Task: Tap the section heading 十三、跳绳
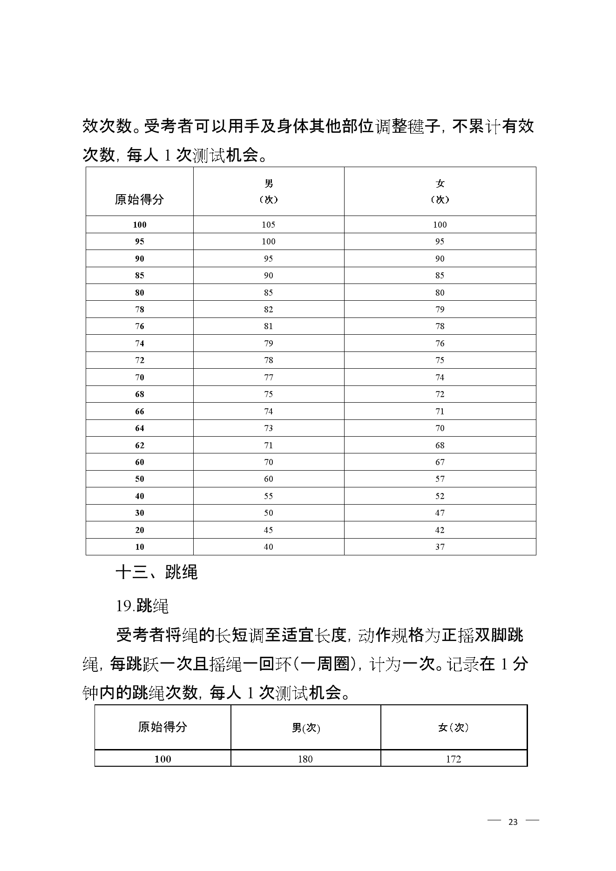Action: tap(156, 572)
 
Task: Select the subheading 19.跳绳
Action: tap(142, 606)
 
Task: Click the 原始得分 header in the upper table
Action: tap(139, 200)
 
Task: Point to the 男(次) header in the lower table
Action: tap(306, 728)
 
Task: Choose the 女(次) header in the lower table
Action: tap(453, 728)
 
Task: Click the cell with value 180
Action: tap(305, 759)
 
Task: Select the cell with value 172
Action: tap(453, 759)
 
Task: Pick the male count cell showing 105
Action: tap(269, 225)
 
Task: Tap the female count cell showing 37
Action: tap(440, 547)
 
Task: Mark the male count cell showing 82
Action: tap(269, 310)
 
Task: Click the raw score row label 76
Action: tap(140, 326)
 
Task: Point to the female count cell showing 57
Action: tap(440, 479)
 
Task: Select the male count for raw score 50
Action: tap(269, 479)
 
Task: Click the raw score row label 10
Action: tap(140, 547)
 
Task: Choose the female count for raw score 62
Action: tap(440, 446)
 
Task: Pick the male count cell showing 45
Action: tap(269, 530)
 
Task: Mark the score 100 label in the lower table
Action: tap(163, 759)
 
